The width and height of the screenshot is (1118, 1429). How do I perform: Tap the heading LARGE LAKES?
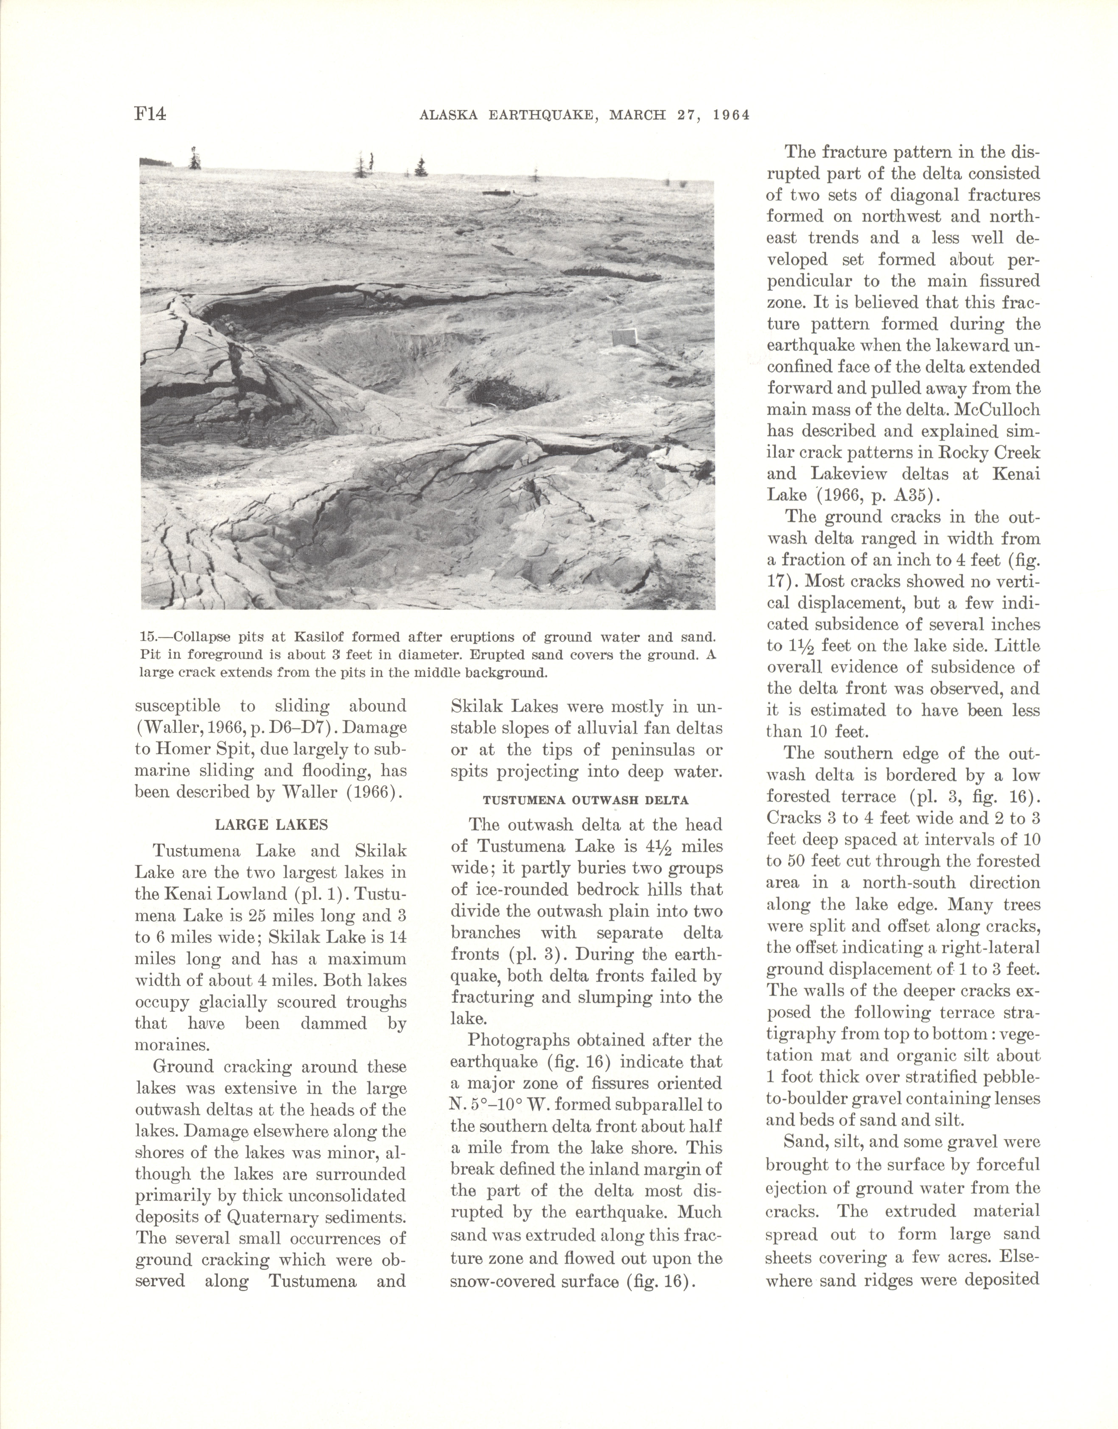coord(271,825)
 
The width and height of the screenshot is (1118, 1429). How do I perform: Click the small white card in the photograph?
coord(624,337)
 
